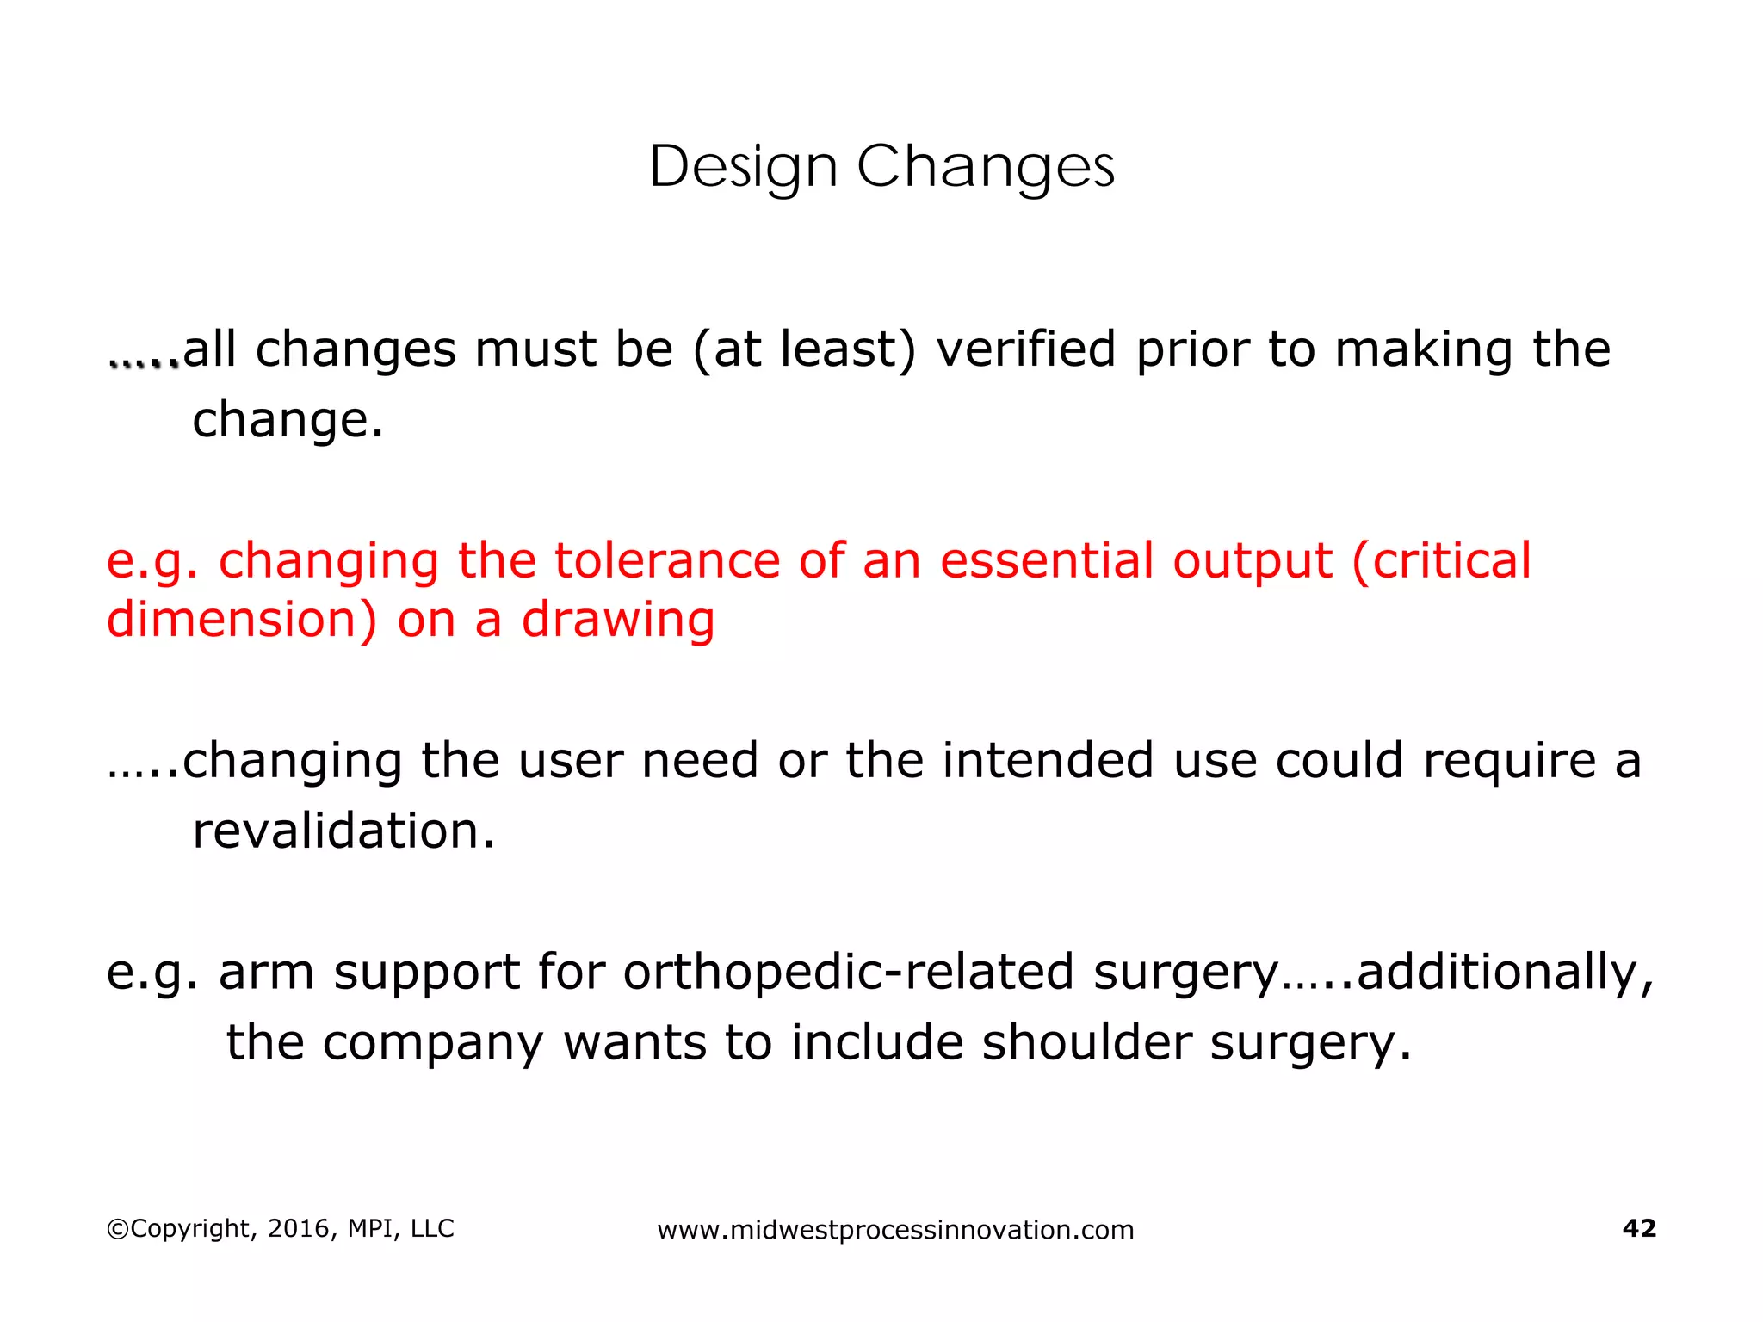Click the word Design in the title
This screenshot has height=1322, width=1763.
[x=743, y=167]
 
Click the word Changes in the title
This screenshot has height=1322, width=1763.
[x=985, y=167]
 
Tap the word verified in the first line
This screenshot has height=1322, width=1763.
[x=1025, y=349]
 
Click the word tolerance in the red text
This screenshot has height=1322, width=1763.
[x=665, y=561]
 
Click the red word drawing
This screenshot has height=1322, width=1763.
[x=618, y=621]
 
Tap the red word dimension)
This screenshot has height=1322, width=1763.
[x=242, y=621]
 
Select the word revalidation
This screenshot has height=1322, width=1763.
[x=343, y=831]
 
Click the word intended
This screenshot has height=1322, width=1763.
[x=1047, y=761]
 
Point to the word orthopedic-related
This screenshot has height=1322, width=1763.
[x=848, y=973]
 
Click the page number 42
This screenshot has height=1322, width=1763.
[x=1638, y=1228]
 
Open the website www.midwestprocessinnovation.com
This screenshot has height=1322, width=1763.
[x=895, y=1230]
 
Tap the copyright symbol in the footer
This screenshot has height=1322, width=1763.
[x=117, y=1229]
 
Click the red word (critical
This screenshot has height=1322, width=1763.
[x=1441, y=561]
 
